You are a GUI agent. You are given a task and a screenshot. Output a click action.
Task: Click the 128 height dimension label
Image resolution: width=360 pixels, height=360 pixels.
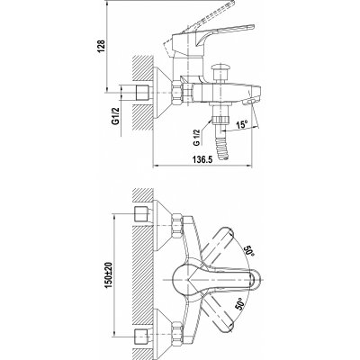tap(102, 47)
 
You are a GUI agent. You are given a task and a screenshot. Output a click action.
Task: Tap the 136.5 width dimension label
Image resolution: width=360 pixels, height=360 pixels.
tap(202, 160)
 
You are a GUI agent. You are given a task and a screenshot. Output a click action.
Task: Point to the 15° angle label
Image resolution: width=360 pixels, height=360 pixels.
tap(242, 124)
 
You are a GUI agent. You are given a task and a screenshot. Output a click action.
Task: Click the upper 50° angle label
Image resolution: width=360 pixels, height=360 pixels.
tap(250, 249)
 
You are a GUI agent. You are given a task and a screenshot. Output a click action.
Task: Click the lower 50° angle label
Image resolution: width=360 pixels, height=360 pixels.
tap(240, 305)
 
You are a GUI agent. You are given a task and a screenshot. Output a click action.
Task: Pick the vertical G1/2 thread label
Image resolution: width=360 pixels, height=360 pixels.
tap(115, 116)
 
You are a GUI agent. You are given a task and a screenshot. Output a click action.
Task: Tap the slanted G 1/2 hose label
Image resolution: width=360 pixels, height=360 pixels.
tap(197, 138)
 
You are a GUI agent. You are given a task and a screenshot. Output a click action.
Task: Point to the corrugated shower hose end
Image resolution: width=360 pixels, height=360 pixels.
tap(222, 148)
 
